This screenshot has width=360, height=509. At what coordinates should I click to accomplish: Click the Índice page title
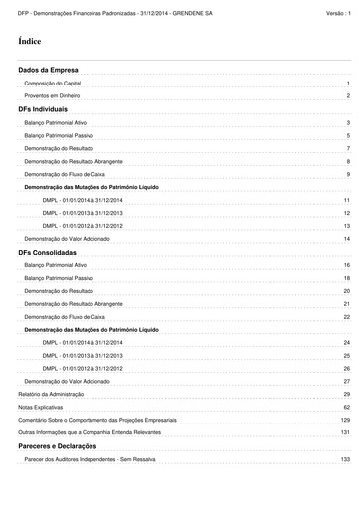(30, 42)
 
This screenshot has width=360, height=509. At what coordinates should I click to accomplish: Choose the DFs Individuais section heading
(43, 108)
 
